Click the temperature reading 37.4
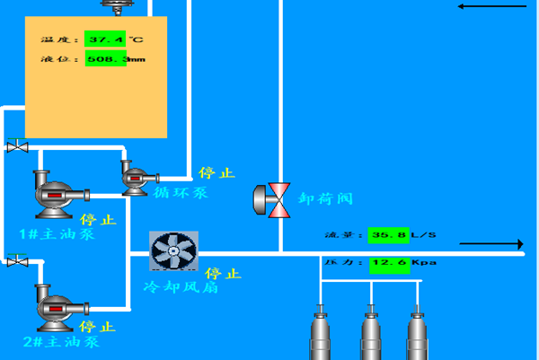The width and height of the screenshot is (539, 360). coord(105,40)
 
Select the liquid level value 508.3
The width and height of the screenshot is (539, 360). coord(106,59)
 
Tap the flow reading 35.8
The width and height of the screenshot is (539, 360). coord(388,235)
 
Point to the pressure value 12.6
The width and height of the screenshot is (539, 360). coord(388,263)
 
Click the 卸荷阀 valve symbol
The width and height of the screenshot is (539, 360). coord(272,199)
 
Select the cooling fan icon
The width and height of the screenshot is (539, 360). coord(173,250)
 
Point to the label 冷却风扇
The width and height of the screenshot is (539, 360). coord(181,287)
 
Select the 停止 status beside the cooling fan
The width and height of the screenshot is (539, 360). coord(224,274)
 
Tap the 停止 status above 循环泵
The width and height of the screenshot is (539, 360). coord(216,172)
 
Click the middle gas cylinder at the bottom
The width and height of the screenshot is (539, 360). coord(370,332)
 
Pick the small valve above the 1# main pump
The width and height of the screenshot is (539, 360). coord(17,146)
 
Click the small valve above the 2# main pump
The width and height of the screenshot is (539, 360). coord(17,261)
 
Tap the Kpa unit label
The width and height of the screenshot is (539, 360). coord(423,263)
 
